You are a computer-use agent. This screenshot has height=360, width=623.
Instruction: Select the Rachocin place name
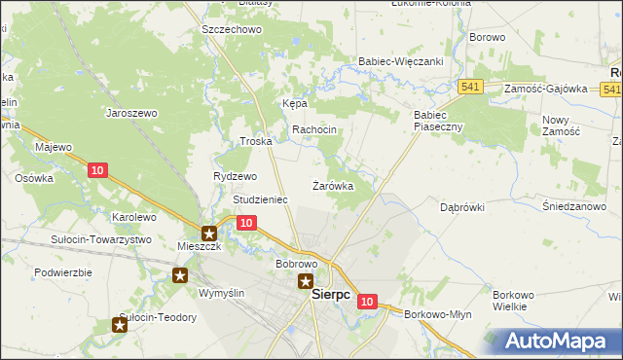[314, 129]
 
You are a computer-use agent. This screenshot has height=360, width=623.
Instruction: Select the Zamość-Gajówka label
[546, 89]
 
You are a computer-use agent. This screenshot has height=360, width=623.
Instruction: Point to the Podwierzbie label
[62, 272]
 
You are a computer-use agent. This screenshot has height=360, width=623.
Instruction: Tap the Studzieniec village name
[260, 199]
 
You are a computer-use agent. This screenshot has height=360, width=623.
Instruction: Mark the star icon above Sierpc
[305, 284]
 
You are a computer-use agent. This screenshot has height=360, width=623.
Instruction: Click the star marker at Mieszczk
[209, 233]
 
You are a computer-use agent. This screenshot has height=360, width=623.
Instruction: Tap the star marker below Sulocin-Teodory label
[119, 326]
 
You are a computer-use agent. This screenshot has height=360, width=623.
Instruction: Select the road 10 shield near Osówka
[96, 170]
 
